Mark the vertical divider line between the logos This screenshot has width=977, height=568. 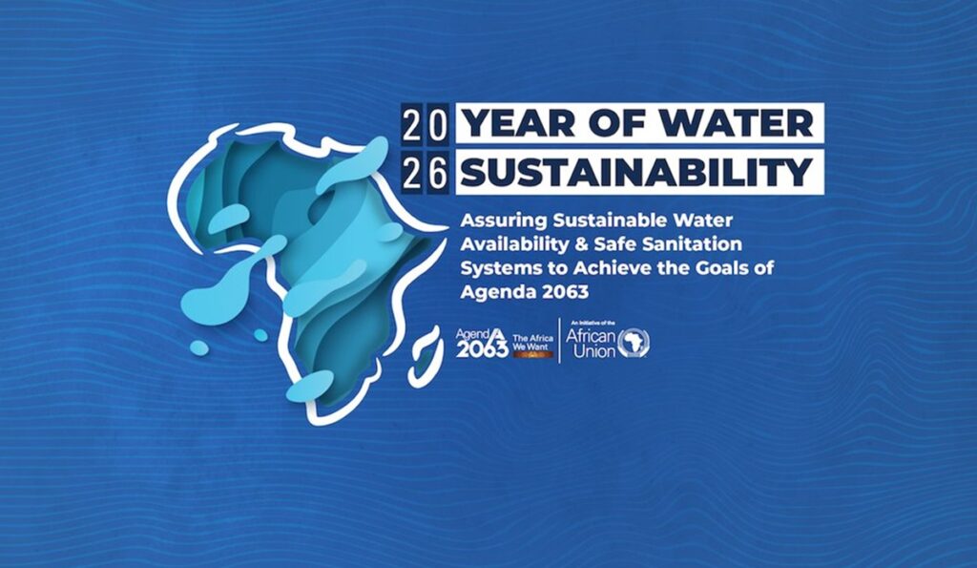[x=559, y=341]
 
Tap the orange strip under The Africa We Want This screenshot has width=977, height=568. [x=533, y=354]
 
